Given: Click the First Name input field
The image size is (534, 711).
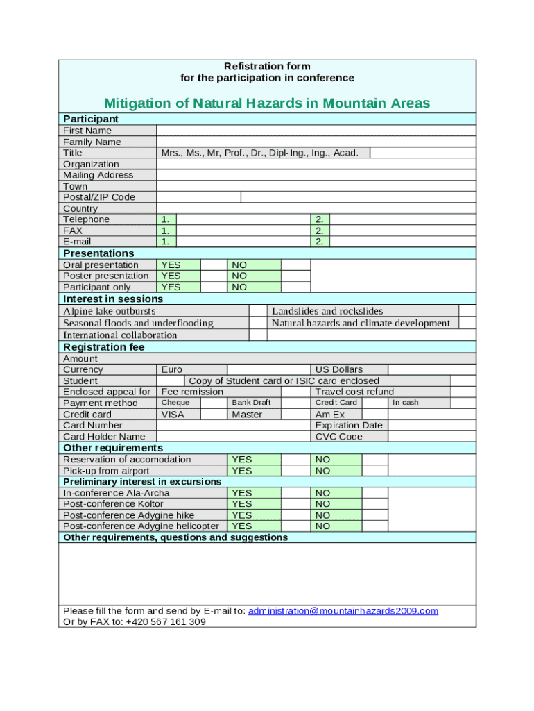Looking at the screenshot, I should [316, 131].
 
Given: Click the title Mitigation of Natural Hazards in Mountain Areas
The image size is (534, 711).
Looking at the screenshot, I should [267, 103].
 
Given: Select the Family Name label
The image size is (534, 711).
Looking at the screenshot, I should [92, 142].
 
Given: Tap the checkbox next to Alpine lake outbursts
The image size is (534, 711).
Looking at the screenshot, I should [257, 311].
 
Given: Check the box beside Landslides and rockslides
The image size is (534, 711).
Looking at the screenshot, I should [467, 311].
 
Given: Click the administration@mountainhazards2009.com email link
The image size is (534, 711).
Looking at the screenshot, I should [343, 611].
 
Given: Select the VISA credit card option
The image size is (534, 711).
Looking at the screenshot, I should [173, 414].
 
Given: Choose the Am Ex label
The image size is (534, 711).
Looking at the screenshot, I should [330, 414].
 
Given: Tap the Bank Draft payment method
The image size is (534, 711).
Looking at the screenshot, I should [251, 403].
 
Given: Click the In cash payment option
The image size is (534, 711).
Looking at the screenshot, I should [406, 403].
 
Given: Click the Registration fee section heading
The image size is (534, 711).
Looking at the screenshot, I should [104, 347].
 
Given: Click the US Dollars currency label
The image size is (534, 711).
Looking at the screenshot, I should [339, 369].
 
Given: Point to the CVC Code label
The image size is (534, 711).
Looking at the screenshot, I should [339, 437].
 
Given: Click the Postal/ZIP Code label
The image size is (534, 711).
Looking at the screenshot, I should [99, 197].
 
